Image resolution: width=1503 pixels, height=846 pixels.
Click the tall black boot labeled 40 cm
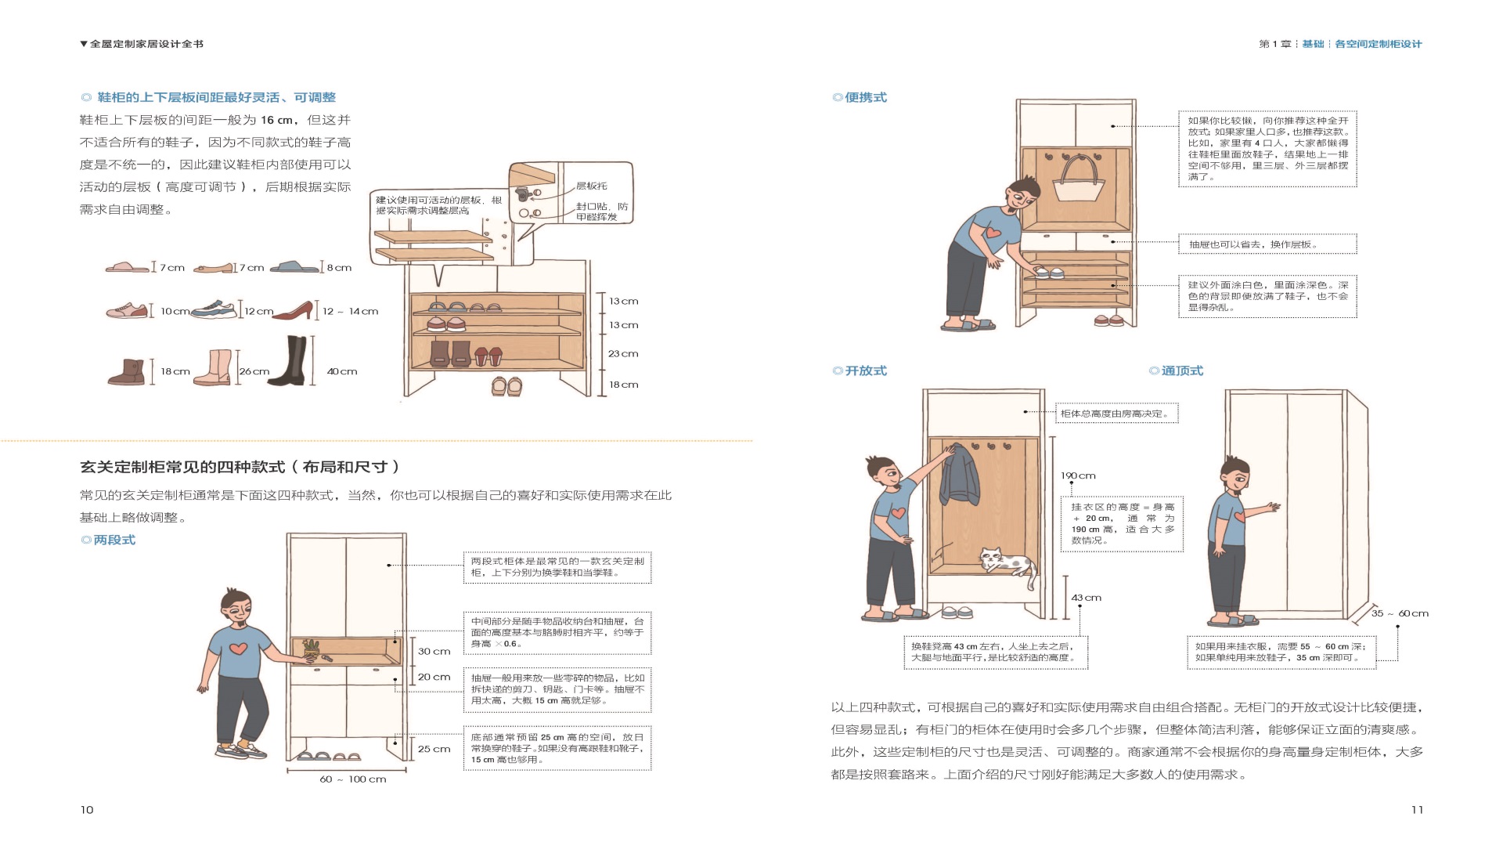(288, 361)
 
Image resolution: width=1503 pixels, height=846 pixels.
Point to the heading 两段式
(114, 540)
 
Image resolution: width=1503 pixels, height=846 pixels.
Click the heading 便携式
(865, 97)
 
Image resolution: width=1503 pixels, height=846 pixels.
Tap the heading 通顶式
(1181, 371)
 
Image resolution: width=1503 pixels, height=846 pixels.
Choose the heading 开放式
(865, 371)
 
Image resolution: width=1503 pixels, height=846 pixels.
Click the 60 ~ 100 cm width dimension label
(352, 779)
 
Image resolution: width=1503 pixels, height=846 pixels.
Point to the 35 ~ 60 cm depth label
(1400, 613)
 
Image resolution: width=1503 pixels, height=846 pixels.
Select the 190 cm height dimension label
(1078, 475)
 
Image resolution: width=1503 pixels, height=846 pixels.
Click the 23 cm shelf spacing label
(623, 353)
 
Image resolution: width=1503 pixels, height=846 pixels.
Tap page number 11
(1417, 810)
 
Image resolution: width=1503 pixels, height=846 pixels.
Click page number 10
(87, 810)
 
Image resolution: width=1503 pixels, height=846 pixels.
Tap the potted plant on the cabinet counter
(312, 649)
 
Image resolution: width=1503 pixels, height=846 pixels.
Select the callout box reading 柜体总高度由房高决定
(1116, 414)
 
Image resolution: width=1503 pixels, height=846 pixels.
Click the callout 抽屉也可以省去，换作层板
(1267, 244)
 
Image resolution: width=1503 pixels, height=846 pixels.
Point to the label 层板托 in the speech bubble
(591, 186)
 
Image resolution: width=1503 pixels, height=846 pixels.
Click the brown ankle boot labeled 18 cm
(128, 372)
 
